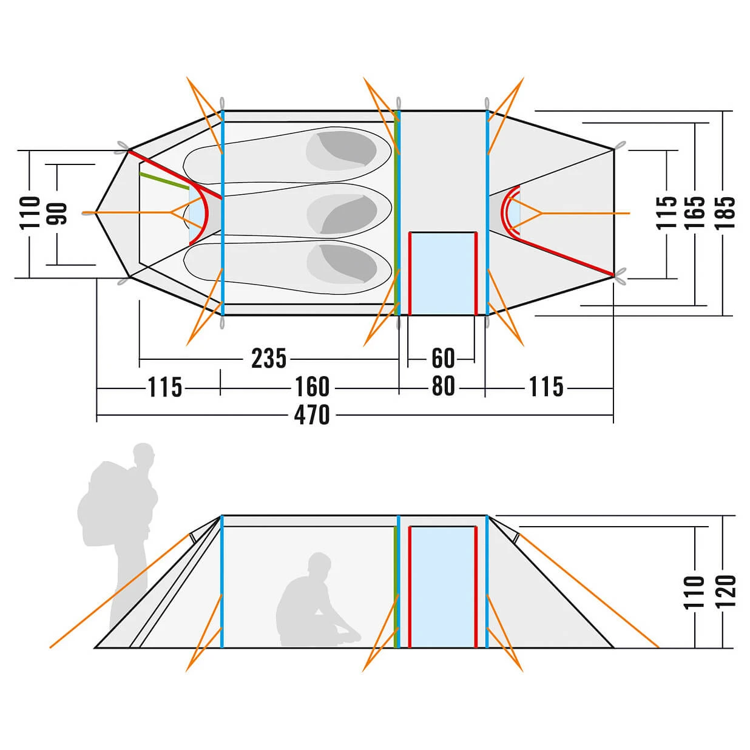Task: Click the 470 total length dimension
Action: click(x=312, y=415)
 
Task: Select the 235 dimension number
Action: click(x=268, y=359)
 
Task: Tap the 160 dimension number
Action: click(x=312, y=387)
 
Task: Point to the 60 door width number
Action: click(x=443, y=359)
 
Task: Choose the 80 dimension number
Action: click(x=443, y=387)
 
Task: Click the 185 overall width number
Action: click(x=725, y=212)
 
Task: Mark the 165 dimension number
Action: click(x=695, y=212)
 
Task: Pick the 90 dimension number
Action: click(x=59, y=212)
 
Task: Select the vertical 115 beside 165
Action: click(x=667, y=212)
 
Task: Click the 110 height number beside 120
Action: click(x=695, y=592)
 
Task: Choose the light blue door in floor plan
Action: click(x=442, y=273)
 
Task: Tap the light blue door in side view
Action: click(x=442, y=586)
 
